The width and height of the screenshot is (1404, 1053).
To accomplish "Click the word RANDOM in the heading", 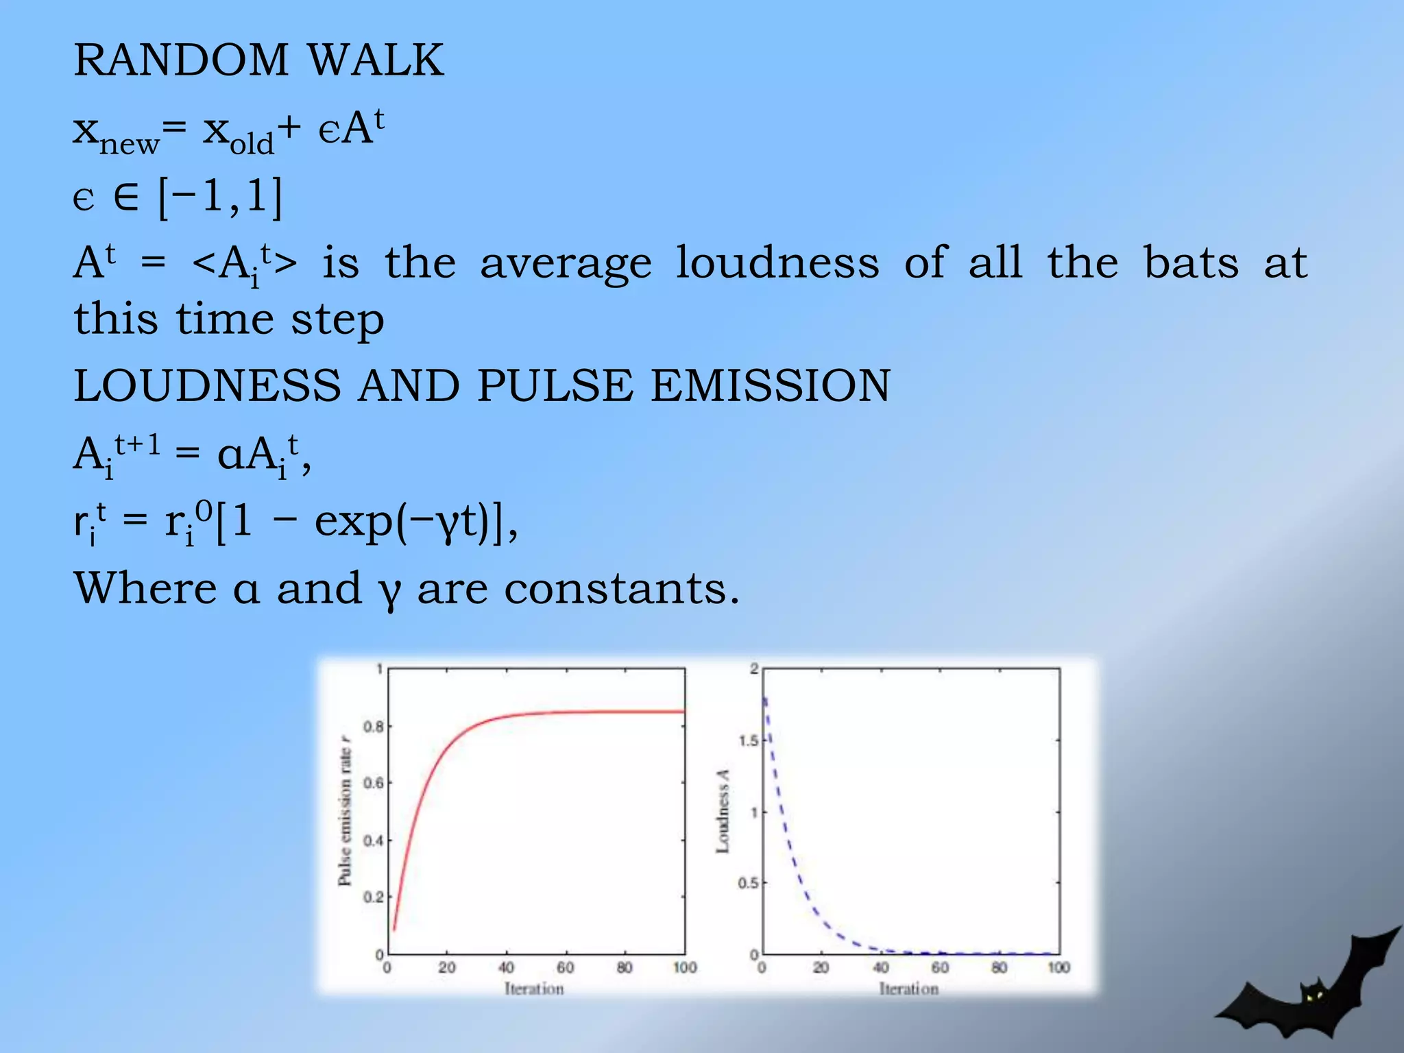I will click(x=181, y=60).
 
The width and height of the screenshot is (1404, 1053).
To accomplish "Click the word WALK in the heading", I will click(x=376, y=60).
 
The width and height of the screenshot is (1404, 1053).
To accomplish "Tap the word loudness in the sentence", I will click(x=777, y=263).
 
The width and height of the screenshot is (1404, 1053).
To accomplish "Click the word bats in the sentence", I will click(x=1191, y=263).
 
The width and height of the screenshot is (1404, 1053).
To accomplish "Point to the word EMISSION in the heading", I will click(x=771, y=385).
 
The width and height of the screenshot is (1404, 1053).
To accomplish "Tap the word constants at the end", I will click(x=622, y=589).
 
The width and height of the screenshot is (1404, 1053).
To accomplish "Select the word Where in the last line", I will click(x=145, y=588).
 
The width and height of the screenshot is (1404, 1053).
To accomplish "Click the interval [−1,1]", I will click(x=220, y=197).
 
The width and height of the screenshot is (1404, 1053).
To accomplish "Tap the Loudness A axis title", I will click(x=723, y=812).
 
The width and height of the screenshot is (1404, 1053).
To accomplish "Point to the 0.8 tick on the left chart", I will click(x=373, y=727).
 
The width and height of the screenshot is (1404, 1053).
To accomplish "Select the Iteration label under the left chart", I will click(x=534, y=989).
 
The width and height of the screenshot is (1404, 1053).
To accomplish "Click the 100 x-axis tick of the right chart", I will click(x=1058, y=967).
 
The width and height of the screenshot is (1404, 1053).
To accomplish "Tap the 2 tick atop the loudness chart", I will click(x=754, y=668).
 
